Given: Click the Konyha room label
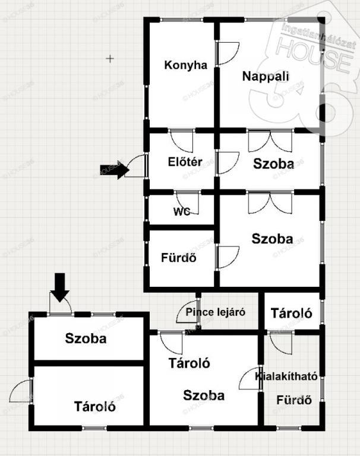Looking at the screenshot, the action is (x=186, y=65).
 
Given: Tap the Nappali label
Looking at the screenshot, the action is (x=266, y=76).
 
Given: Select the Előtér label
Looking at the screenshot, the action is (x=185, y=161).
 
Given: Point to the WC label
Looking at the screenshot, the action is (x=182, y=211).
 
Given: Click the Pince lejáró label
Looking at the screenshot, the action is (x=216, y=312).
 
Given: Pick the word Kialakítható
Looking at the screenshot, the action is (x=286, y=376).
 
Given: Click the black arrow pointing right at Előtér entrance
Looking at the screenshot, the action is (x=115, y=170).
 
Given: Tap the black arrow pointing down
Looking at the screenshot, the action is (x=60, y=287).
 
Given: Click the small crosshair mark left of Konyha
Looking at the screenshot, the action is (x=110, y=59).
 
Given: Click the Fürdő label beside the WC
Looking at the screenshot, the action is (x=179, y=258).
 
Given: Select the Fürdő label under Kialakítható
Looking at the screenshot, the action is (x=294, y=400).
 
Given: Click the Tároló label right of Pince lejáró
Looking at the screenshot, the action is (x=291, y=313).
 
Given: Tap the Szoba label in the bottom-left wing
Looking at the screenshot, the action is (x=86, y=338).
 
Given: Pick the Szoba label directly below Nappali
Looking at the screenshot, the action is (x=274, y=164).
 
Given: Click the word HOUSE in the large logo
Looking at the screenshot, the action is (x=314, y=56).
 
